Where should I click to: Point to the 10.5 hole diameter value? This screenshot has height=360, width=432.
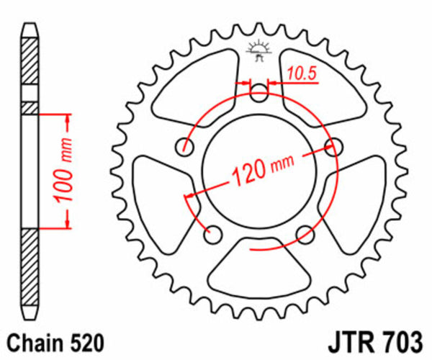(x=300, y=71)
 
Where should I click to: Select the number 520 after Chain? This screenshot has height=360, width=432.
(x=86, y=341)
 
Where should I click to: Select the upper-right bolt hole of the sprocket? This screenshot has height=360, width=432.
(x=333, y=148)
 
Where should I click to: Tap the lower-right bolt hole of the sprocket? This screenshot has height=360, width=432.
(x=305, y=233)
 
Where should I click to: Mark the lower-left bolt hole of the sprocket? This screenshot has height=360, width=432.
(x=212, y=233)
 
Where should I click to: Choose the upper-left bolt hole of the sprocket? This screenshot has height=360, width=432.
(x=186, y=148)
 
